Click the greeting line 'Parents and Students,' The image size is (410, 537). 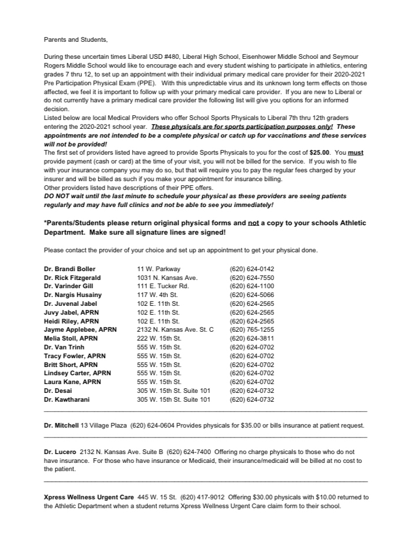pyautogui.click(x=76, y=40)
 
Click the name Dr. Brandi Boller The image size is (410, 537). pyautogui.click(x=70, y=269)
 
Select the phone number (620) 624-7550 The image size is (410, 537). pyautogui.click(x=252, y=278)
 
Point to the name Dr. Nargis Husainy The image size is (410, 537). pyautogui.click(x=73, y=295)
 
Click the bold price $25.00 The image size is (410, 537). pyautogui.click(x=320, y=153)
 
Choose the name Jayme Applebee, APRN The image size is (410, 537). pyautogui.click(x=80, y=329)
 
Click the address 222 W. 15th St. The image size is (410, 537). pyautogui.click(x=158, y=338)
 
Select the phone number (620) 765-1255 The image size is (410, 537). pyautogui.click(x=252, y=329)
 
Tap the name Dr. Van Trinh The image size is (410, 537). pyautogui.click(x=64, y=347)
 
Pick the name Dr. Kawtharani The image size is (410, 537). pyautogui.click(x=67, y=399)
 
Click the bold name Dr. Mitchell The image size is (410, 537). pyautogui.click(x=61, y=425)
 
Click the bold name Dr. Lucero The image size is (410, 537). pyautogui.click(x=59, y=452)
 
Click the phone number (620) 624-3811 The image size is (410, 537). pyautogui.click(x=252, y=338)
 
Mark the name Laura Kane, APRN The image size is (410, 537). pyautogui.click(x=72, y=382)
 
